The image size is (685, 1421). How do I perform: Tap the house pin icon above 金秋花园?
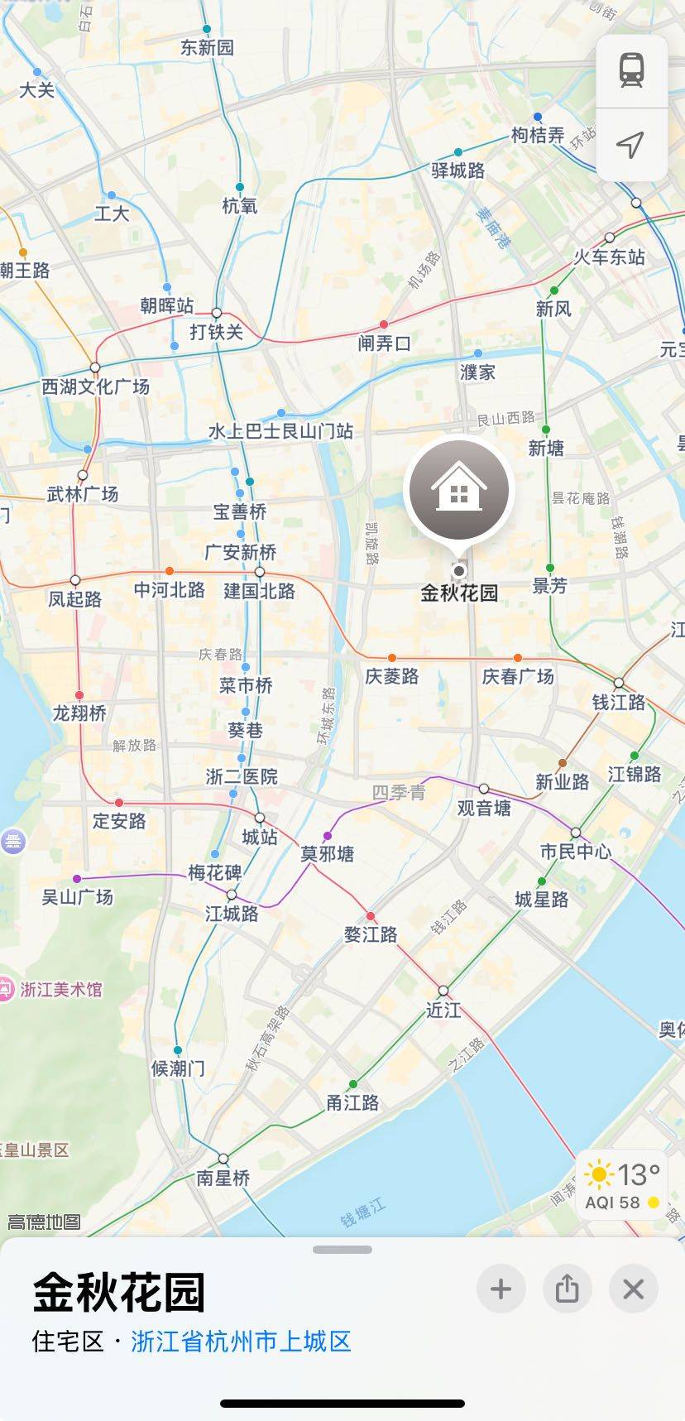coord(459,491)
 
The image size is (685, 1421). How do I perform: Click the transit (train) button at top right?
coord(631,70)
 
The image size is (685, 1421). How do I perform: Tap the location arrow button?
coord(631,145)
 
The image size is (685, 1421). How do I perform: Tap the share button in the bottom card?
coord(567,1289)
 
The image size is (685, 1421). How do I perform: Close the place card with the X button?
coord(633,1289)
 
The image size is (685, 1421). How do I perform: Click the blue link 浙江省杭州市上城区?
coord(241,1342)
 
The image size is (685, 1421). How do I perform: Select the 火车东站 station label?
coord(610,257)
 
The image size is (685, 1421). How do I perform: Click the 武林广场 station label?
coord(83,494)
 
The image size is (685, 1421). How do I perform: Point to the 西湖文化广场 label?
coord(96,386)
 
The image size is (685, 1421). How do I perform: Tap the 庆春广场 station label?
coord(518,676)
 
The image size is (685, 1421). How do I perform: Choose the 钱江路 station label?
coord(618,702)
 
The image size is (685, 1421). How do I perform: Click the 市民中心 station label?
coord(575,851)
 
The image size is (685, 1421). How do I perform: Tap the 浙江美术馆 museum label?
coord(60,989)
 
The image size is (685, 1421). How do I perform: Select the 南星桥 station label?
coord(223,1178)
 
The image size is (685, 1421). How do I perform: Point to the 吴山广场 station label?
coord(77,896)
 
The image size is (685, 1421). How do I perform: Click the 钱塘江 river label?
coord(363,1212)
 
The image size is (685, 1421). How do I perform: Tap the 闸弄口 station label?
coord(384,343)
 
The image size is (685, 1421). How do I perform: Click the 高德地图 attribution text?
coord(44,1222)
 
